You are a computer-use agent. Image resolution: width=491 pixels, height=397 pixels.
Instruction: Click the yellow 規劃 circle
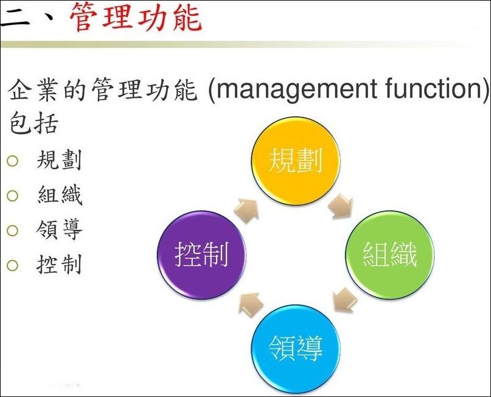(296, 161)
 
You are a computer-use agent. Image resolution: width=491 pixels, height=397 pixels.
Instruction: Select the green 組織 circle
(390, 255)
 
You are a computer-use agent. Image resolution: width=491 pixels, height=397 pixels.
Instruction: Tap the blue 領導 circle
(296, 349)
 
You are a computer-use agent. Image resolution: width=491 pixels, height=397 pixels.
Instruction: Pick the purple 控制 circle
(201, 255)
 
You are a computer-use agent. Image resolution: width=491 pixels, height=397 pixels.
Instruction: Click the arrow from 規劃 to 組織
(341, 207)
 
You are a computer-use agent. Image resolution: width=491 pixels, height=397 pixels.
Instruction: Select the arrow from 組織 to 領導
(344, 300)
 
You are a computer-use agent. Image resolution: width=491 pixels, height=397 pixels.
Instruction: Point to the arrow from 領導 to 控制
(249, 305)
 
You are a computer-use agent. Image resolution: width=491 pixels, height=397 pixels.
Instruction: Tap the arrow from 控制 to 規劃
(247, 210)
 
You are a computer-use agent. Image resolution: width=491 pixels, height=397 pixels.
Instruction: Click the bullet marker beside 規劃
(12, 161)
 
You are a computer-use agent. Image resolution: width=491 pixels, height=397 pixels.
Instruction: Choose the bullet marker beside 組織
(12, 196)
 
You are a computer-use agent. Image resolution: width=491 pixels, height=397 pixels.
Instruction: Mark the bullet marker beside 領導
(12, 230)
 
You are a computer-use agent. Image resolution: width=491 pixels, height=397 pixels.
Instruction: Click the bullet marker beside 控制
(12, 265)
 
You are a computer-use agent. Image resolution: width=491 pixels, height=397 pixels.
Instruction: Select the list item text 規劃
(60, 160)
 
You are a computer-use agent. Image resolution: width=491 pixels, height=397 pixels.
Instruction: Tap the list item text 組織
(60, 195)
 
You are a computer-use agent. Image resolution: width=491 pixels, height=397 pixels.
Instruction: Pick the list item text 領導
(60, 230)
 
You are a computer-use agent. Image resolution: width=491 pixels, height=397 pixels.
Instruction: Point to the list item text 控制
(60, 264)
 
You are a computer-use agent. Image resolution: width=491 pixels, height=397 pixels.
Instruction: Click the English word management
(296, 90)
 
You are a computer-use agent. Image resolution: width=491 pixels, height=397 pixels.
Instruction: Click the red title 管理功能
(135, 18)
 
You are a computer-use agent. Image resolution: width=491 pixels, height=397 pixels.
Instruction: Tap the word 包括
(33, 123)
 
